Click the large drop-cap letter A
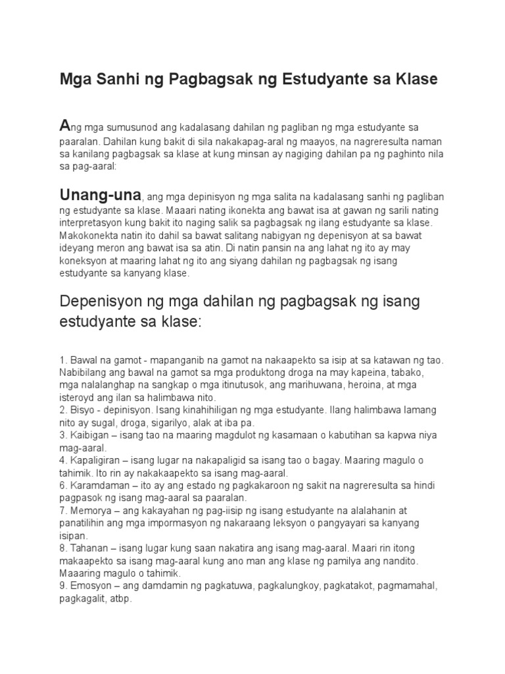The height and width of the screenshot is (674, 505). pyautogui.click(x=64, y=125)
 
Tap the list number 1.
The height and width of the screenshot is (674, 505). pyautogui.click(x=62, y=360)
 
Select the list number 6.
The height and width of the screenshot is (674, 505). pyautogui.click(x=62, y=486)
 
